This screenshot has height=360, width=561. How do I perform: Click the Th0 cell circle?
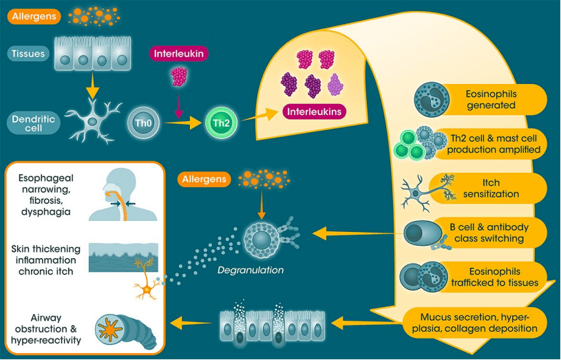138,125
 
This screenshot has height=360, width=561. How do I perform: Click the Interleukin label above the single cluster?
179,53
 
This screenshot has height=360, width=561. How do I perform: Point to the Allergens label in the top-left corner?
34,15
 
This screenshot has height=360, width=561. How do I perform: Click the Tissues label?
28,53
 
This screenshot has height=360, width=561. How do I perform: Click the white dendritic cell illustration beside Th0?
92,120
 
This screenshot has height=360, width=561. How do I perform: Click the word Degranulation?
251,270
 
